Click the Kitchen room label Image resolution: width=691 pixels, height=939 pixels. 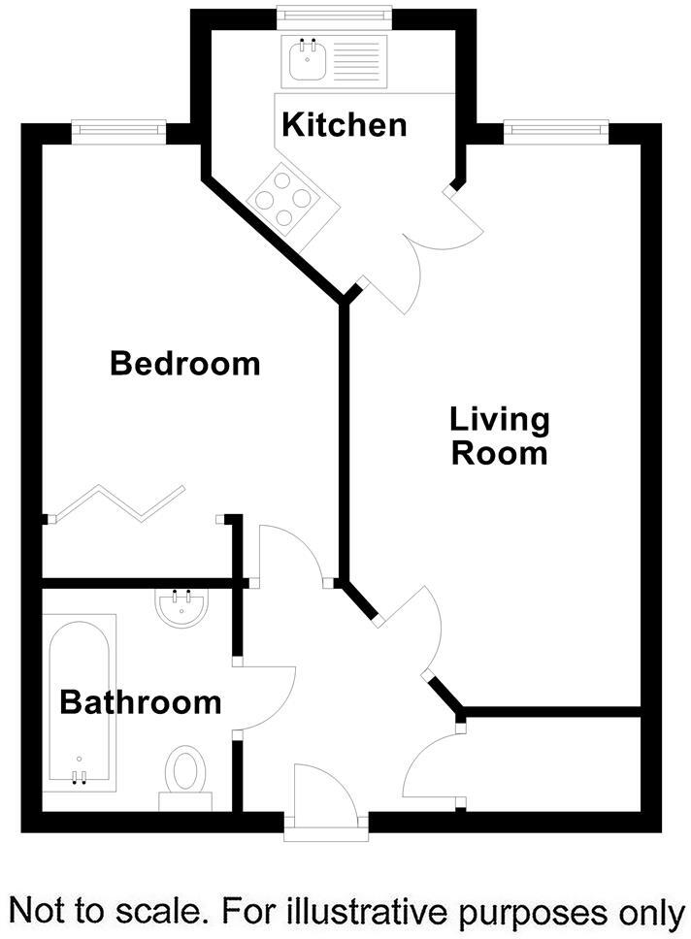344,124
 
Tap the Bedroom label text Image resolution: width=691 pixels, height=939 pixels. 184,364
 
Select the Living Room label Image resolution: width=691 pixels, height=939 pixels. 500,437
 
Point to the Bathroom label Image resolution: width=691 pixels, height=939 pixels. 141,701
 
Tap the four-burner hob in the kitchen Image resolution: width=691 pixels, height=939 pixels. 284,200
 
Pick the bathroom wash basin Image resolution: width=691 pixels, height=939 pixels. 181,608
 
